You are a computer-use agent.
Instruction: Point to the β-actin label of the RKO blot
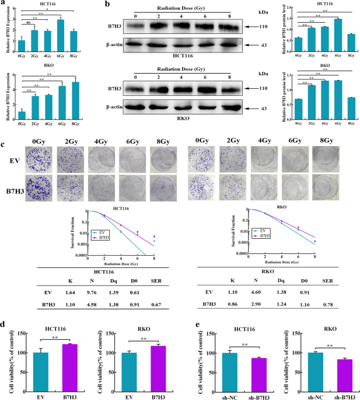pos(114,106)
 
